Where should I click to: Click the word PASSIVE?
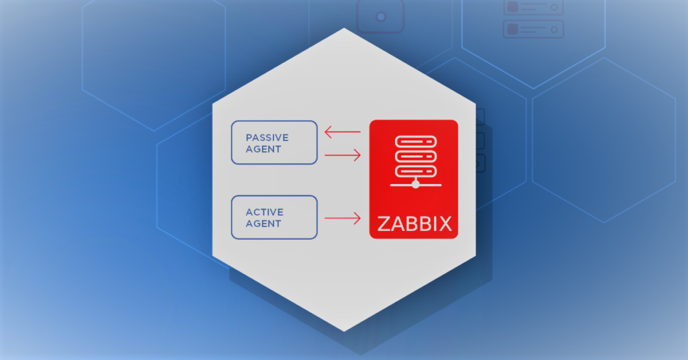(267, 138)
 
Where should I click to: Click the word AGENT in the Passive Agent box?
(263, 149)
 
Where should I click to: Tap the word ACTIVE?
(264, 212)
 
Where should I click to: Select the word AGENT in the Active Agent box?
(263, 224)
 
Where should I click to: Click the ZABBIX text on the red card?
(414, 224)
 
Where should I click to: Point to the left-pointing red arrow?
(342, 132)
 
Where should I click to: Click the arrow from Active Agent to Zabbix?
(342, 218)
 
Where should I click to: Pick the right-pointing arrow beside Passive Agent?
(342, 155)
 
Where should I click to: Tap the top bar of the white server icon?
(415, 142)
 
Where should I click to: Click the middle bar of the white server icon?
(415, 156)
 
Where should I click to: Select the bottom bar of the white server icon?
(415, 171)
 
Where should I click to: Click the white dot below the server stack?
(415, 185)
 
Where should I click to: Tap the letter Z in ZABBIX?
(384, 224)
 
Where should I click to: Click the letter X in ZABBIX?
(445, 224)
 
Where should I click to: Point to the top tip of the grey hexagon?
(344, 28)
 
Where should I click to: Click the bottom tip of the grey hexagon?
(344, 331)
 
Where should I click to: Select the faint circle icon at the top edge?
(380, 17)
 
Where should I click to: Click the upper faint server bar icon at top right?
(533, 7)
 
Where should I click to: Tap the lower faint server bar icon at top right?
(533, 29)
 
